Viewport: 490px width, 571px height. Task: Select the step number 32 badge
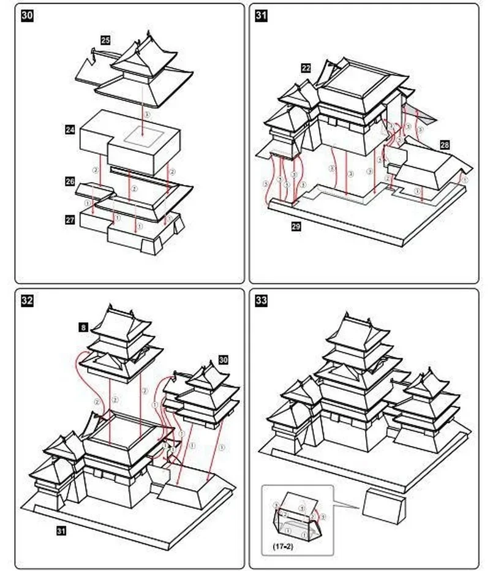pyautogui.click(x=28, y=300)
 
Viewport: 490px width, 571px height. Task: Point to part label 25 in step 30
pyautogui.click(x=105, y=40)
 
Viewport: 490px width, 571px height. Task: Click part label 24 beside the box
pyautogui.click(x=70, y=129)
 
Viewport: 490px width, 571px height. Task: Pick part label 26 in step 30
pyautogui.click(x=70, y=182)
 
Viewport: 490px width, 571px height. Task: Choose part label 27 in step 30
pyautogui.click(x=70, y=219)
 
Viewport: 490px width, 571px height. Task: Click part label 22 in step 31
pyautogui.click(x=306, y=67)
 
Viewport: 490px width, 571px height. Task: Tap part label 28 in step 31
pyautogui.click(x=444, y=145)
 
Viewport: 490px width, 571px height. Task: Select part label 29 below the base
pyautogui.click(x=296, y=227)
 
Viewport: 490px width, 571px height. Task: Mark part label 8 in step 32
pyautogui.click(x=83, y=328)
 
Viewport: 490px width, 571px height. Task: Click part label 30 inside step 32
pyautogui.click(x=223, y=360)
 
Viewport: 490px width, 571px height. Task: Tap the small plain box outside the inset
pyautogui.click(x=384, y=504)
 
